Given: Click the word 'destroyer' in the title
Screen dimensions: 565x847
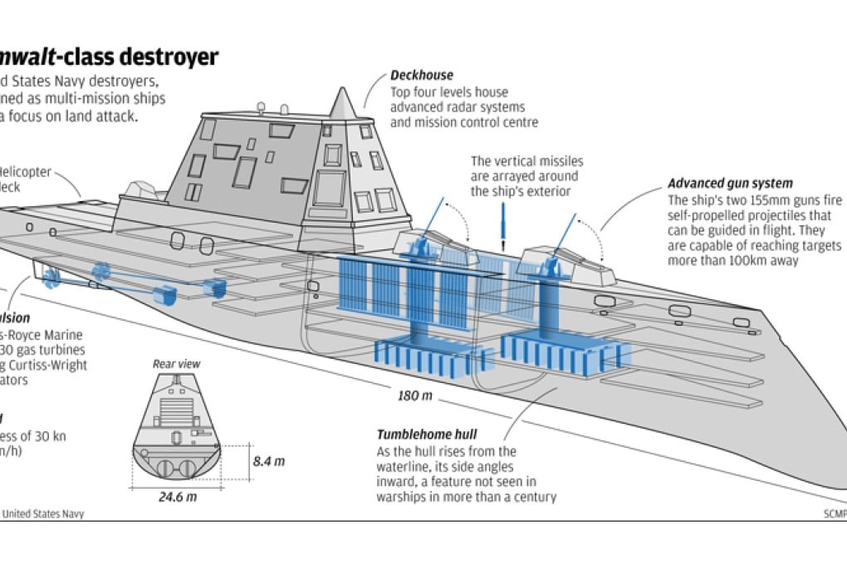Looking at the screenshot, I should click(166, 56).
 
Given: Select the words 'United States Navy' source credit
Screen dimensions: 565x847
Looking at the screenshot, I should click(43, 513).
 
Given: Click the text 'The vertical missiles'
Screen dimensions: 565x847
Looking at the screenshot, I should click(526, 161).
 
